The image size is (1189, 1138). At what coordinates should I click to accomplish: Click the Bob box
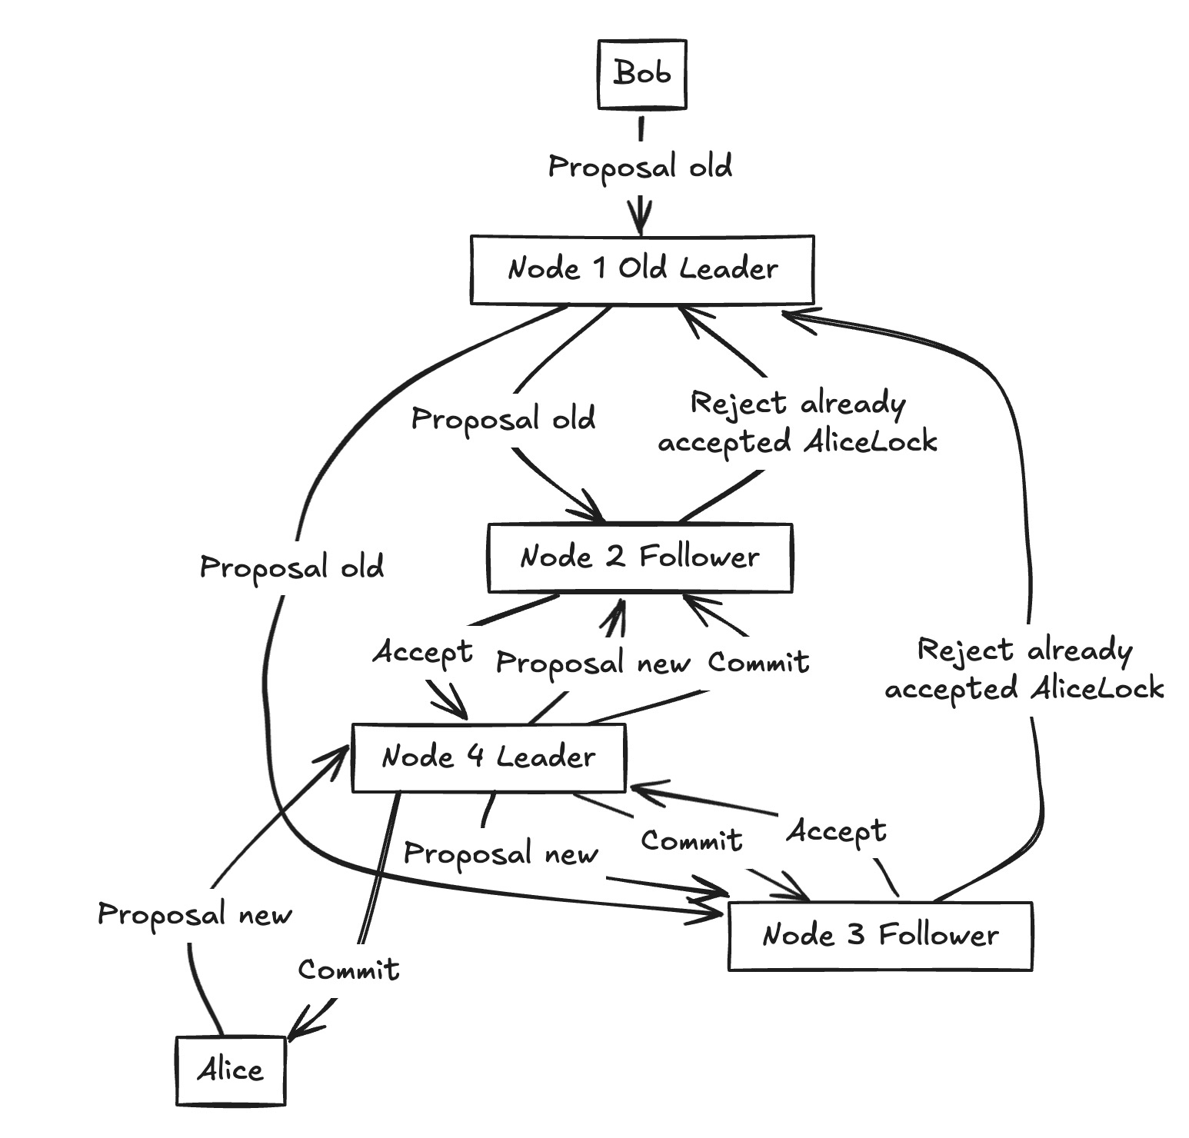tap(642, 74)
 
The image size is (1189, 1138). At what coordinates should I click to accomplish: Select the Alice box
tap(230, 1070)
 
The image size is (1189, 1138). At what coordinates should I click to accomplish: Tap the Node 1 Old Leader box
tap(642, 269)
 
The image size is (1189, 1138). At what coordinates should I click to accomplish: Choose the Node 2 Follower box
tap(640, 557)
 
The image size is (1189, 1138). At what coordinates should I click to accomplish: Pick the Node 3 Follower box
tap(880, 936)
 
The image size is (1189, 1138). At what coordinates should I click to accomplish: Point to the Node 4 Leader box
tap(488, 757)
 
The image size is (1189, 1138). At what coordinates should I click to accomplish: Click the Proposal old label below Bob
tap(640, 167)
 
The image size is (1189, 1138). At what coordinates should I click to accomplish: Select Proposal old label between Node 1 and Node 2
tap(503, 419)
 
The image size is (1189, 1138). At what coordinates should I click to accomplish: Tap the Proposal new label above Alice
tap(195, 915)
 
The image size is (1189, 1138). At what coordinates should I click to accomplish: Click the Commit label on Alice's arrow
tap(348, 970)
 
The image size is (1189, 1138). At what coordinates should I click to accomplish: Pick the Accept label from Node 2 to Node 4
tap(422, 652)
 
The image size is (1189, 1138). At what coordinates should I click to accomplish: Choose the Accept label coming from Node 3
tap(836, 832)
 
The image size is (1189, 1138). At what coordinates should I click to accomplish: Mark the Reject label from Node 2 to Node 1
tap(798, 422)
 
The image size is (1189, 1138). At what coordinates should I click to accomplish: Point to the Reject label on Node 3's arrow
tap(1024, 669)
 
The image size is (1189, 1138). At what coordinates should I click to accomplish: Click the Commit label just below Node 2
tap(758, 662)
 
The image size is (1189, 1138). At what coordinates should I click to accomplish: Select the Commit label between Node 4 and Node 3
tap(691, 840)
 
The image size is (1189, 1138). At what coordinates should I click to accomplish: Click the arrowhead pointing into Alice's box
tap(296, 1035)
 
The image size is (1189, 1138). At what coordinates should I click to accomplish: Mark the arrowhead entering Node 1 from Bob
tap(641, 223)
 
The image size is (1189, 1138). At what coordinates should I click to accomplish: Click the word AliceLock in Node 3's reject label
tap(1097, 688)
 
